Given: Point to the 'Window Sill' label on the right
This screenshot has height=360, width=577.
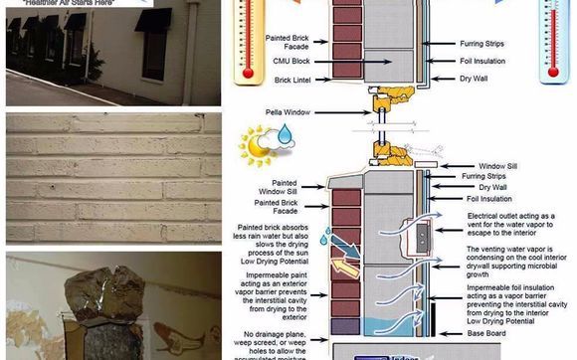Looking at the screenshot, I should (x=498, y=166).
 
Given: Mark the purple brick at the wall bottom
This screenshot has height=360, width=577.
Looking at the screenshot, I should (x=345, y=325).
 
